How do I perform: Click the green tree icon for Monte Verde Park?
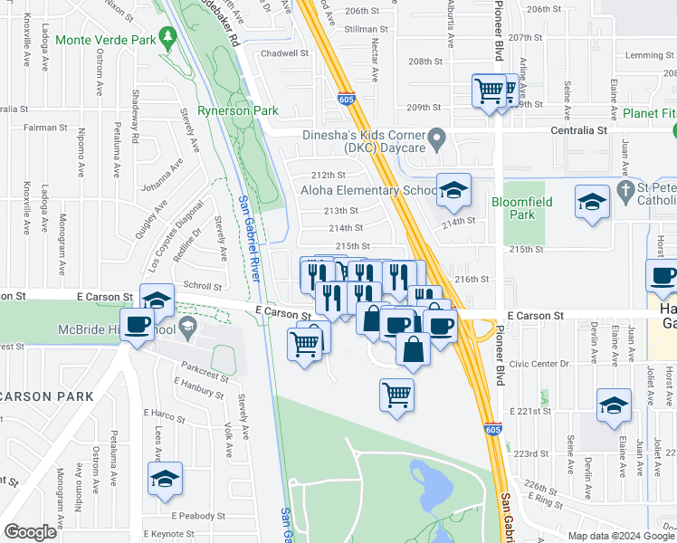coord(167,36)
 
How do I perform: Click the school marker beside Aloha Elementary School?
coord(453,190)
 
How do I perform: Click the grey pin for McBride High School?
coord(187,327)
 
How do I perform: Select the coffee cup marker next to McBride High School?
coord(137,325)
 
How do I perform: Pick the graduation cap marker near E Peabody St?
coord(165,479)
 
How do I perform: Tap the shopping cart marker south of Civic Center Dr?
coord(396,395)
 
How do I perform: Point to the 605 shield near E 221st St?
coord(491,429)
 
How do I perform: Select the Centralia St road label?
coord(579,130)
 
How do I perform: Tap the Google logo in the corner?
coord(31,533)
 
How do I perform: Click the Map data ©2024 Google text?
coord(621,535)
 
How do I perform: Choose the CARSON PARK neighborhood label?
coord(47,396)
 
